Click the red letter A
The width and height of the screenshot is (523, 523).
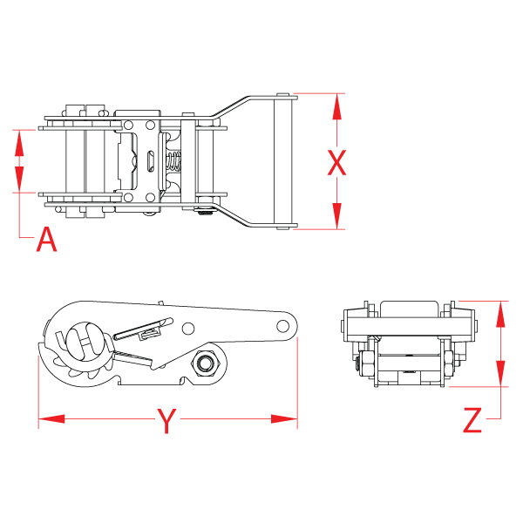(46, 239)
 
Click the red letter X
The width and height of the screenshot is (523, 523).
(336, 162)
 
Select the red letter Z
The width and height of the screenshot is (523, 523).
(472, 421)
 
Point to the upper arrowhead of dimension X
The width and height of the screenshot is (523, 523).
(336, 105)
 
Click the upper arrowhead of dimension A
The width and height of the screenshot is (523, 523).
(18, 140)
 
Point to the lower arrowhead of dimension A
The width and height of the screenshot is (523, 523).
(18, 180)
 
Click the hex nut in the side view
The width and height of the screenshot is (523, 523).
(207, 361)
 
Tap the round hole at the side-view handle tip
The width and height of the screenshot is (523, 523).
(282, 326)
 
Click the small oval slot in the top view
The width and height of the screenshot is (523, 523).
(152, 161)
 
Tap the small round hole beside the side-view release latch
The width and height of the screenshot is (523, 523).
(187, 328)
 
